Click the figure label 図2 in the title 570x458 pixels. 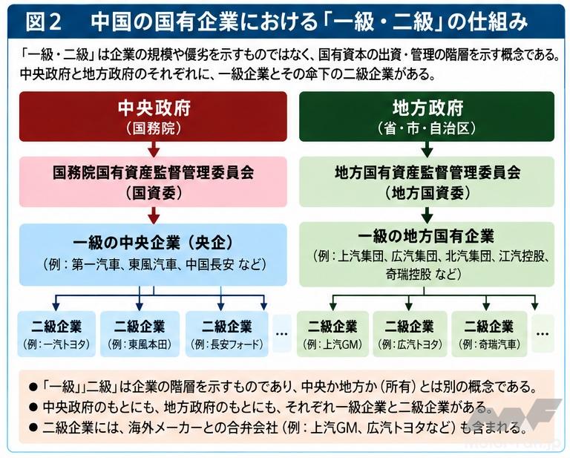43,22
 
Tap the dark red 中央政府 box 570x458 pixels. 153,117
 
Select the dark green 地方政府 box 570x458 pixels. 427,117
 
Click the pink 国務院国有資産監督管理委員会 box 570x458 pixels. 153,182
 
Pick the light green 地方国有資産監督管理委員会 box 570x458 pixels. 427,182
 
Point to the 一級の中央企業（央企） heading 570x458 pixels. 153,243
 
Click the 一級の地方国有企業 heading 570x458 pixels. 427,236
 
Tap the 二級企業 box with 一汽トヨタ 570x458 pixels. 56,334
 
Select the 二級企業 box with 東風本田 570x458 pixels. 140,334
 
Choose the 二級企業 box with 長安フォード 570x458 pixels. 227,334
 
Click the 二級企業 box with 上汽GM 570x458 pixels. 332,334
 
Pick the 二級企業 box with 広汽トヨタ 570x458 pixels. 410,334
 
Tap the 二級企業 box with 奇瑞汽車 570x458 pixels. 489,334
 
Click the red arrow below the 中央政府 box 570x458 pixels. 154,149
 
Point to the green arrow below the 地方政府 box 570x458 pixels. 427,149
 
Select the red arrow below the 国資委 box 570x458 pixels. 154,215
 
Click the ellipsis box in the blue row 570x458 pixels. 282,334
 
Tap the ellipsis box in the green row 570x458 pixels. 543,334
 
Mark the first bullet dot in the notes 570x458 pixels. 33,387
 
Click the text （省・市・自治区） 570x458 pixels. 427,128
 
